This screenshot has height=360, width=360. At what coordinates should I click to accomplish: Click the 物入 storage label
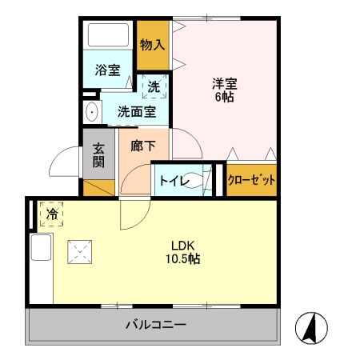(152, 45)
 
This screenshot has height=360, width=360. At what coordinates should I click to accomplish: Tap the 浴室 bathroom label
(108, 70)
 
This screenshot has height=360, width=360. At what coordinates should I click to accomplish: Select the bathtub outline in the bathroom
(108, 35)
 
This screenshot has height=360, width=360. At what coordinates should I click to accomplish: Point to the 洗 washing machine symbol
(154, 86)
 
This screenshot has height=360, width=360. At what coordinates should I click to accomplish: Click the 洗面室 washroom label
(137, 112)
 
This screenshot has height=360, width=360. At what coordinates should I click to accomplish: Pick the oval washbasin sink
(92, 112)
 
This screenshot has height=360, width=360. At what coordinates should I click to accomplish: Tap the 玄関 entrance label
(98, 155)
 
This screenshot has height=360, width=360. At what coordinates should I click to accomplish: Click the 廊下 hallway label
(143, 146)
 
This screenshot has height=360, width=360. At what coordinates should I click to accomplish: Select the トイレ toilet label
(174, 181)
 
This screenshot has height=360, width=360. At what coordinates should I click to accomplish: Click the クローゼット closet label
(251, 180)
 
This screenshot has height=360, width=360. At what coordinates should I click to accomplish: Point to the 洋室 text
(225, 83)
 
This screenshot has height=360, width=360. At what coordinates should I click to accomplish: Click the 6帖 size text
(225, 97)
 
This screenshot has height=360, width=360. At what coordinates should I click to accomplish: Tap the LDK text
(182, 245)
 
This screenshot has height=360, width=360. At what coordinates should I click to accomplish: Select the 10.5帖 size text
(183, 258)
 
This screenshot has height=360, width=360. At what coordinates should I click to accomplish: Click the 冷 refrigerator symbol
(52, 214)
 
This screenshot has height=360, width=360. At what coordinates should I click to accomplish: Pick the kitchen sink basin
(41, 247)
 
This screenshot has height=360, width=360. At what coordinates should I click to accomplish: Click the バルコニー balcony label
(156, 325)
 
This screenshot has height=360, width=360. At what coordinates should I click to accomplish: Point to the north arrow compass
(311, 328)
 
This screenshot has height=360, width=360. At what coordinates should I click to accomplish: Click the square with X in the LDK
(80, 252)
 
